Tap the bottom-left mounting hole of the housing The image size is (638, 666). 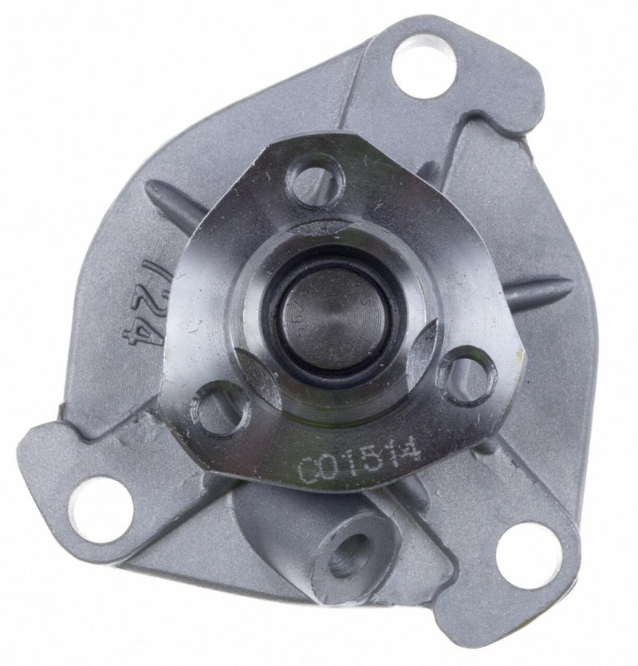100,507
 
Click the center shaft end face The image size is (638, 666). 334,314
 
